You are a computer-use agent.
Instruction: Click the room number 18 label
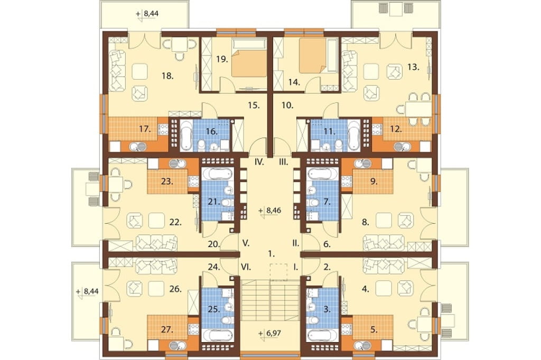(x=167, y=76)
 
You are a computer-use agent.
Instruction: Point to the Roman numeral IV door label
(x=259, y=162)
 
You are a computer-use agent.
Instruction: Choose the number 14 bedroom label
(x=294, y=82)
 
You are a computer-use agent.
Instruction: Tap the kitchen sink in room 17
(x=138, y=147)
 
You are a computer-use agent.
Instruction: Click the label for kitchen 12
(x=396, y=129)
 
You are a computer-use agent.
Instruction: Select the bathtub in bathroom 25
(x=218, y=336)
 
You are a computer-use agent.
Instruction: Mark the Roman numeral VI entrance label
(x=246, y=267)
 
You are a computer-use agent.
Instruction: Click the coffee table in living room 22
(x=156, y=221)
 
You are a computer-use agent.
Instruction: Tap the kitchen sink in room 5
(x=361, y=345)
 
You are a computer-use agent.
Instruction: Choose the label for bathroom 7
(x=327, y=202)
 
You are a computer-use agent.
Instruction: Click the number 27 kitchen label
(x=167, y=330)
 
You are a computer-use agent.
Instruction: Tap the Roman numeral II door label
(x=296, y=243)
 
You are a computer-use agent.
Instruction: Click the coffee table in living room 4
(x=384, y=287)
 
